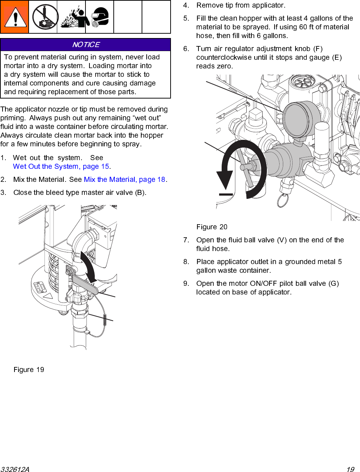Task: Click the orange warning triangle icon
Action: (14, 17)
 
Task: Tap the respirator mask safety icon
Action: (100, 17)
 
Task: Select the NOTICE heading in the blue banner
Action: (86, 45)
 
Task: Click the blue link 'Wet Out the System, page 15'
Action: (61, 167)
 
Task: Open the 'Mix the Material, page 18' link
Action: (125, 180)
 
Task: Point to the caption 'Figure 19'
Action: (29, 370)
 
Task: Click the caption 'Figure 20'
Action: (212, 227)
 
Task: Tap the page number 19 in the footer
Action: (350, 469)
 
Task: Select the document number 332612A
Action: (15, 469)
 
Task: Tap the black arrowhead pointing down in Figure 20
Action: (225, 180)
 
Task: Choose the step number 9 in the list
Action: (186, 284)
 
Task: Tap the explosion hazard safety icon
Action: (71, 17)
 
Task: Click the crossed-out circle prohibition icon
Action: (43, 17)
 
